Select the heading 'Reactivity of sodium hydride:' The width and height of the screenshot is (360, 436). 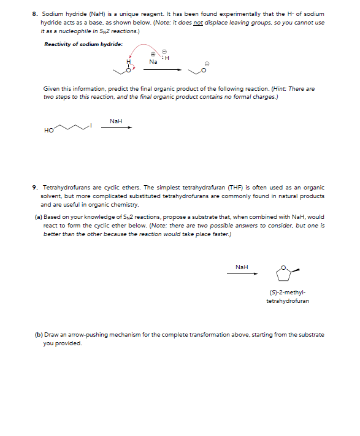[83, 44]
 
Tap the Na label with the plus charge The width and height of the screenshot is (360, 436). [153, 62]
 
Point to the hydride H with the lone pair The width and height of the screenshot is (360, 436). [167, 58]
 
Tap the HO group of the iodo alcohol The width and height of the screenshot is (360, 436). [48, 130]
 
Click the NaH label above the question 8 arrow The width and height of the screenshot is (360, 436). [116, 121]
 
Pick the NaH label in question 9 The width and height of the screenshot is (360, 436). [242, 267]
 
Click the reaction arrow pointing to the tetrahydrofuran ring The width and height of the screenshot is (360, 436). [242, 273]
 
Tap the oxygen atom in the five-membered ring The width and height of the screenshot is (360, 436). [283, 267]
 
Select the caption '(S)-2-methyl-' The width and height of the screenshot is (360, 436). [283, 293]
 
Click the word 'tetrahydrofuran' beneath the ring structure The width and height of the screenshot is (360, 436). [287, 301]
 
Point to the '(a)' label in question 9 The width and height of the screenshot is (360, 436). [39, 217]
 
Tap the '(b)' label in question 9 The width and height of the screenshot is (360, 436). [39, 335]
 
